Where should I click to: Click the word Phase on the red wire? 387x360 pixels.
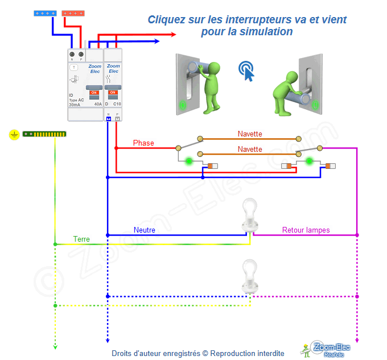[x=143, y=143]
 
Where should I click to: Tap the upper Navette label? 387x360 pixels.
[x=250, y=134]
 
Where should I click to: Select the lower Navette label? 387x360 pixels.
[x=250, y=150]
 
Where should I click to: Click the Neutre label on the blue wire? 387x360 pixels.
[x=145, y=230]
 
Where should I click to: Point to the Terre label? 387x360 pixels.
[x=81, y=239]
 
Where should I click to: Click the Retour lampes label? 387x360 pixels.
[x=306, y=230]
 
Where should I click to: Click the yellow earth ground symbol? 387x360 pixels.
[x=14, y=135]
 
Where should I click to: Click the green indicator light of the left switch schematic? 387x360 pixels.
[x=188, y=162]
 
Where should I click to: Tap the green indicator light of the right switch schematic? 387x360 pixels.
[x=310, y=162]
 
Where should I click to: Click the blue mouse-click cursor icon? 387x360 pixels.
[x=246, y=69]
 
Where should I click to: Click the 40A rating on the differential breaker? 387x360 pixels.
[x=98, y=105]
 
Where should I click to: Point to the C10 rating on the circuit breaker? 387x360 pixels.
[x=117, y=104]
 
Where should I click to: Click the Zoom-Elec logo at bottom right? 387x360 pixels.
[x=327, y=349]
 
